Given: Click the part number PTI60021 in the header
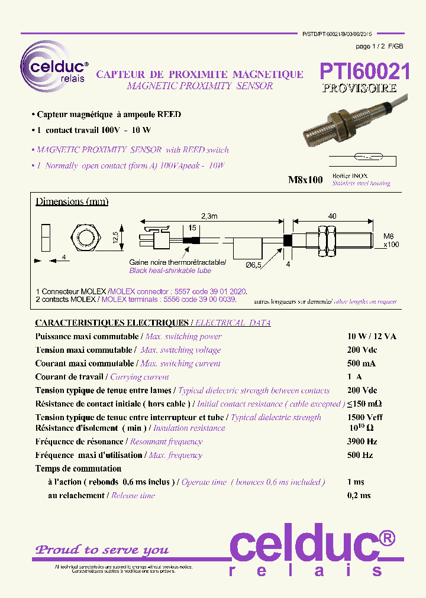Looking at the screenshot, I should click(x=364, y=71).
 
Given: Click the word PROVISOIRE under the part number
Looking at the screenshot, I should click(x=359, y=89).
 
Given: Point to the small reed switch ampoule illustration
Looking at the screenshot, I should click(x=368, y=158).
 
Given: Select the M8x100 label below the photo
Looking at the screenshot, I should click(x=305, y=180).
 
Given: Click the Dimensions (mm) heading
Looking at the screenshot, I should click(x=72, y=201).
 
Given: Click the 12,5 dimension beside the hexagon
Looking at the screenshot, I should click(x=117, y=238).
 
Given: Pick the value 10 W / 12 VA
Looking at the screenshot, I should click(x=372, y=336).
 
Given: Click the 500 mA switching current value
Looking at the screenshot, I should click(x=361, y=363).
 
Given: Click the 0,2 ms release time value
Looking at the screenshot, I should click(x=359, y=495).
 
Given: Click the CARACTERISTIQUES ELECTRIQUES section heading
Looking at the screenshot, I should click(x=111, y=323).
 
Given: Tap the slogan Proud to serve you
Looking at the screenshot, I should click(x=102, y=550).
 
